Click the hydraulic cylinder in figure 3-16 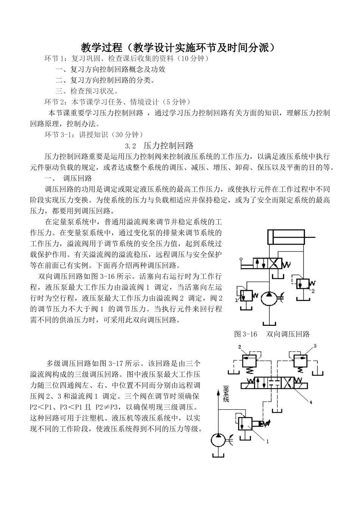pyautogui.click(x=286, y=237)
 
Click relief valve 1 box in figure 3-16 pyautogui.click(x=247, y=295)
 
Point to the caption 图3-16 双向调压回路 pyautogui.click(x=272, y=334)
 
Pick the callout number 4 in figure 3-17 pyautogui.click(x=311, y=402)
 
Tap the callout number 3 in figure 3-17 pyautogui.click(x=315, y=346)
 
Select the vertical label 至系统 pyautogui.click(x=226, y=395)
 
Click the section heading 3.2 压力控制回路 pyautogui.click(x=160, y=146)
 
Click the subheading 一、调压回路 pyautogui.click(x=68, y=178)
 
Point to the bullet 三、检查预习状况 pyautogui.click(x=87, y=91)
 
